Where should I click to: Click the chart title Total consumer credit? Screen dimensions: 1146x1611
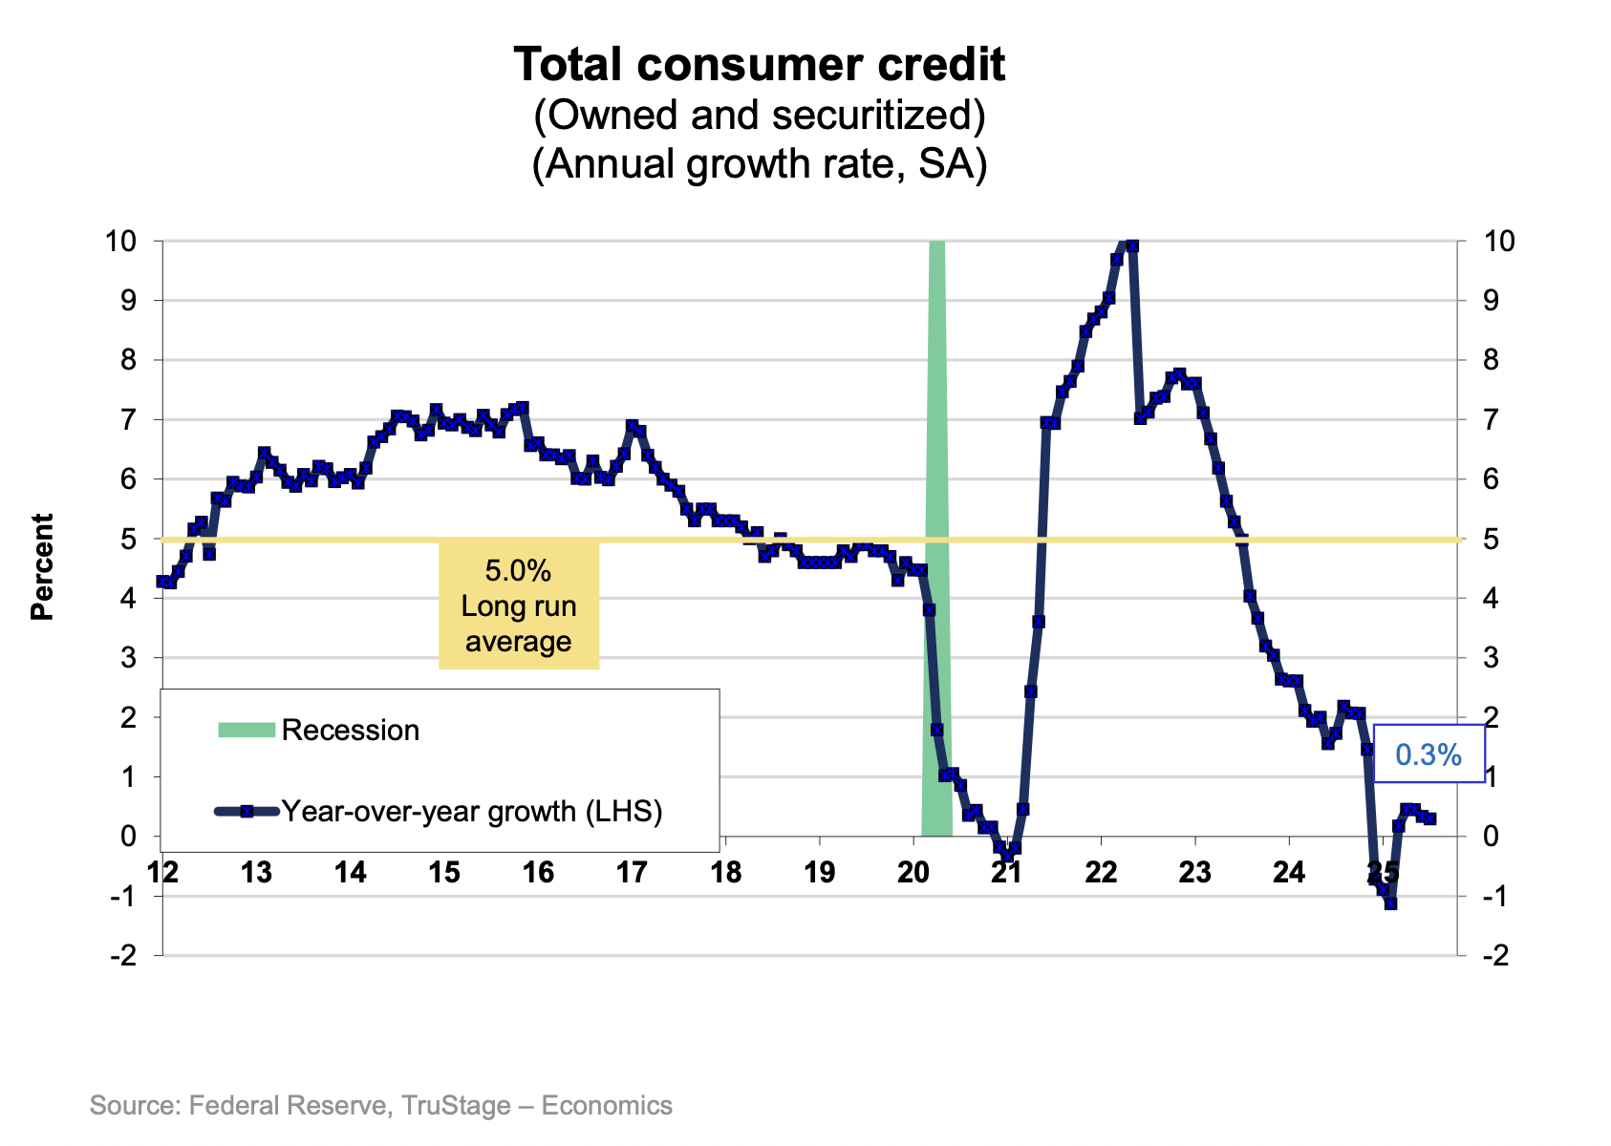(x=759, y=66)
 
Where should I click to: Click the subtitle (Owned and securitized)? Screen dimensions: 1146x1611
(x=759, y=116)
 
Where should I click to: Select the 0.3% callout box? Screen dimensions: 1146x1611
(x=1428, y=755)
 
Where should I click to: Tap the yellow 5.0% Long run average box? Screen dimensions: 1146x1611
(x=519, y=606)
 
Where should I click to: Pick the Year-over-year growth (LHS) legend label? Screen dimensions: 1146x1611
(x=472, y=812)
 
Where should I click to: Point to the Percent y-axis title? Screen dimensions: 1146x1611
(x=43, y=567)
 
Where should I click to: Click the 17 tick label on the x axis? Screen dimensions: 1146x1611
(x=632, y=872)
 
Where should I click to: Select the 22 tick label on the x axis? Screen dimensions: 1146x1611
(x=1102, y=872)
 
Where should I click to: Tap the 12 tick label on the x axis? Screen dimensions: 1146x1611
(x=162, y=872)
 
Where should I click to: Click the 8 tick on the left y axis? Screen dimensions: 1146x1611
(x=128, y=361)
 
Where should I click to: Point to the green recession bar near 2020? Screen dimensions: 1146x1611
(x=936, y=535)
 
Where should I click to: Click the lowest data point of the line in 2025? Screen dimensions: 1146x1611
(x=1390, y=902)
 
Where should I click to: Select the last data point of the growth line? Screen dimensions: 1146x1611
(x=1429, y=818)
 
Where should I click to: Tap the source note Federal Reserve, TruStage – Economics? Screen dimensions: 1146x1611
(x=381, y=1106)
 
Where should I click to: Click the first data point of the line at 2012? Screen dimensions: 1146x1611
(x=162, y=582)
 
